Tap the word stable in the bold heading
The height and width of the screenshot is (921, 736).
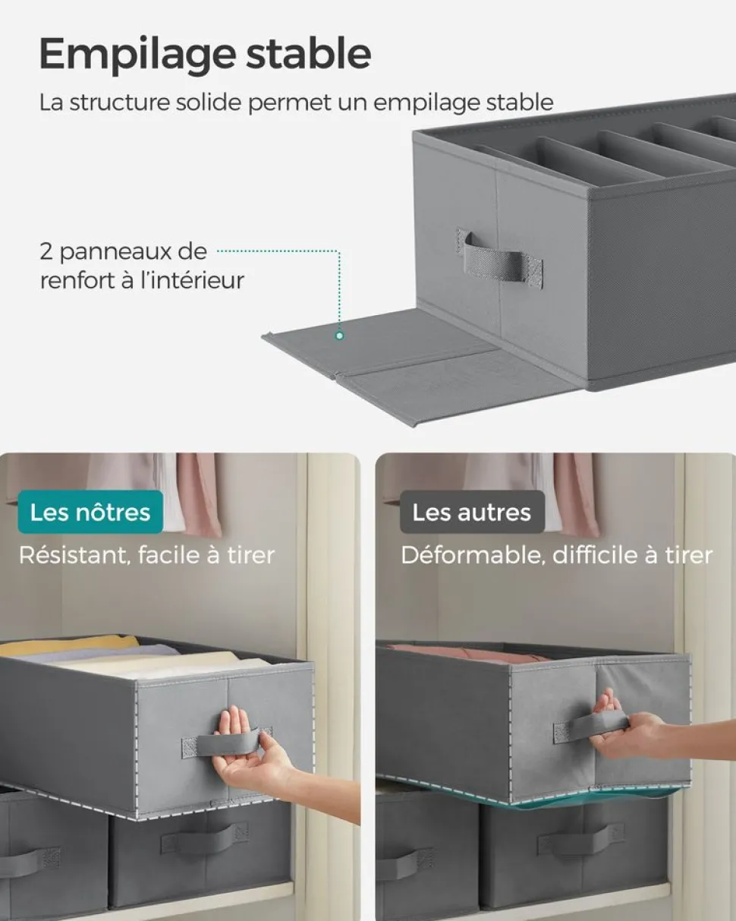coord(308,53)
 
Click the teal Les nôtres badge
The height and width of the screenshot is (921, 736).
coord(90,512)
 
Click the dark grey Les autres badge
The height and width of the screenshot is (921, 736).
coord(472,512)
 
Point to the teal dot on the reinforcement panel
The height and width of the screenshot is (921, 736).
coord(340,336)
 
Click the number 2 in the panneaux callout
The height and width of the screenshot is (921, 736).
coord(46,251)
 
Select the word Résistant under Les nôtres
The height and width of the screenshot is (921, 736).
coord(75,556)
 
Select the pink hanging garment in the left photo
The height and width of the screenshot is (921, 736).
coord(199,494)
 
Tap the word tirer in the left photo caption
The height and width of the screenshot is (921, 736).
coord(250,556)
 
